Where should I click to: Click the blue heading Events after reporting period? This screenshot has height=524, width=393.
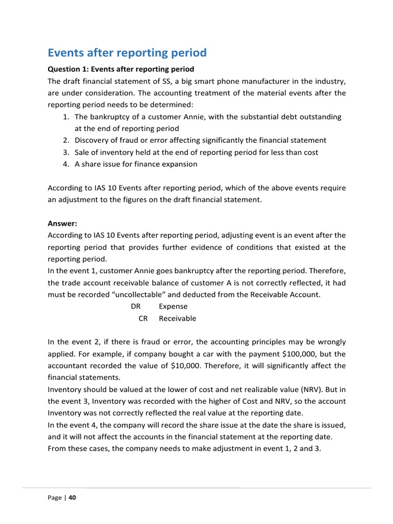click(127, 53)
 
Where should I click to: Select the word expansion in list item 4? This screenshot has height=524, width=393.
click(180, 164)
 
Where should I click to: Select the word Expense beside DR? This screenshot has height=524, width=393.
click(173, 307)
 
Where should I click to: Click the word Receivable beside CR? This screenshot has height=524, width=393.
click(177, 318)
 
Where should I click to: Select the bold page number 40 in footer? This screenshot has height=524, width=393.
click(72, 497)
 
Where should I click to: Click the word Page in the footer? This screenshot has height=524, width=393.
click(55, 497)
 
